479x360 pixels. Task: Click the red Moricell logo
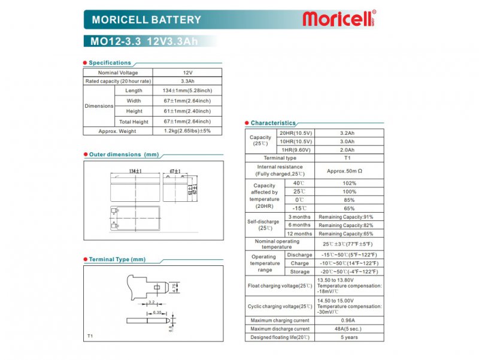tap(338, 19)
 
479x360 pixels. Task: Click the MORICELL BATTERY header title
tap(146, 20)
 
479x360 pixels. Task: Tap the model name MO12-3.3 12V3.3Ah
tap(144, 41)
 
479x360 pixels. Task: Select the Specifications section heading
tap(110, 63)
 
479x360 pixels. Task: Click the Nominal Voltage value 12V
tap(187, 72)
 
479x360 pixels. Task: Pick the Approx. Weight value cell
tap(187, 131)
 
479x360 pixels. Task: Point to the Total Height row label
tap(134, 122)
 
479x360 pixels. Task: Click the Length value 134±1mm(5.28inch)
tap(187, 90)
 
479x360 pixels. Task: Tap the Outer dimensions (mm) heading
tap(123, 155)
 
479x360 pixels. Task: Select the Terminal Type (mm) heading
tap(117, 259)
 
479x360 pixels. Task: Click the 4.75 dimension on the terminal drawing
tap(174, 288)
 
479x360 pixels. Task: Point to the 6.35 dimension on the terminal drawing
tap(157, 312)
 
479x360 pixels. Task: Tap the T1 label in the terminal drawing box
tap(90, 335)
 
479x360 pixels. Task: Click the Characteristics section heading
tap(273, 123)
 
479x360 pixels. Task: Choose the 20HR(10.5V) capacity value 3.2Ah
tap(347, 133)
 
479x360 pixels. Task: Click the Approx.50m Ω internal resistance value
tap(344, 171)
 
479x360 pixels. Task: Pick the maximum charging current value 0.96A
tap(347, 320)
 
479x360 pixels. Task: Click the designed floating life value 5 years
tap(347, 337)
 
